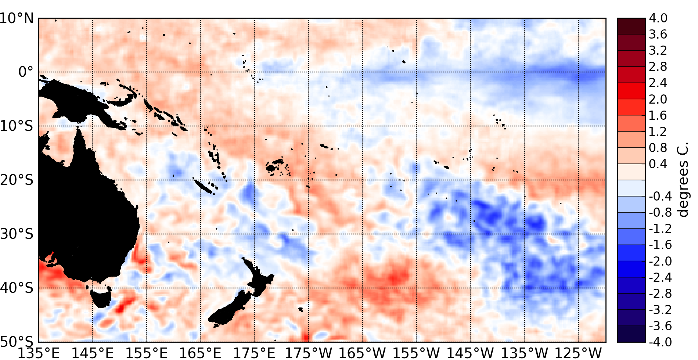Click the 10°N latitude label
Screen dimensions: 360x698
click(17, 18)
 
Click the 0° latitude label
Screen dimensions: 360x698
click(26, 72)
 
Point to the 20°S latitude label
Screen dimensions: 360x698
click(17, 180)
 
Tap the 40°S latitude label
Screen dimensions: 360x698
click(17, 288)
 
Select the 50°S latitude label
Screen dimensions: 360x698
click(17, 341)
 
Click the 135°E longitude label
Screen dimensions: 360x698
click(39, 353)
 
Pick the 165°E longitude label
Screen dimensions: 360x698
click(201, 353)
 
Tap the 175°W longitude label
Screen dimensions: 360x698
click(309, 353)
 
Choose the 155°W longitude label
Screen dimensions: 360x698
click(417, 353)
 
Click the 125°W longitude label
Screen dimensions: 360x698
click(579, 353)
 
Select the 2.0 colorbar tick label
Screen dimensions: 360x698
click(658, 99)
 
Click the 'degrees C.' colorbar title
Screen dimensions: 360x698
click(683, 180)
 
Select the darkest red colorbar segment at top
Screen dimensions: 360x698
click(631, 26)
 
